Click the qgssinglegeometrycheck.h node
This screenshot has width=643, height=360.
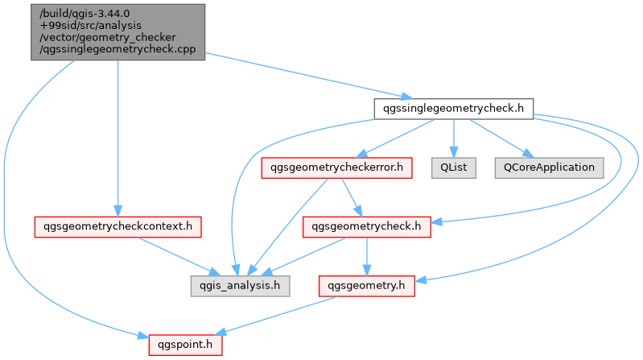click(454, 109)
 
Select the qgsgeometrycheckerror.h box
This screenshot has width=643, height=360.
click(336, 168)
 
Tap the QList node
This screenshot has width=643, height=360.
click(454, 168)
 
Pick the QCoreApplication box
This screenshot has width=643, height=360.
click(549, 168)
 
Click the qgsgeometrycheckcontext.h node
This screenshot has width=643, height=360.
click(117, 227)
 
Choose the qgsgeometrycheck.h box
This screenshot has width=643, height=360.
click(367, 227)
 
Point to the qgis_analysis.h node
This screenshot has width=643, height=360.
click(240, 286)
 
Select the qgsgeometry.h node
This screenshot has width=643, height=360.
click(367, 286)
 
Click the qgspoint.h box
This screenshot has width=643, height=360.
click(185, 345)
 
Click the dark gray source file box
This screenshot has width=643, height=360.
click(117, 32)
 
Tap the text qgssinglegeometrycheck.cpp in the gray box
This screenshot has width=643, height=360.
click(117, 49)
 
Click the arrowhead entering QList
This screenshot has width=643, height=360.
click(454, 152)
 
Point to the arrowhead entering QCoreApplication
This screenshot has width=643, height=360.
click(528, 154)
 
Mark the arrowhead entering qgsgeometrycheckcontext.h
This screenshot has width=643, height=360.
click(117, 211)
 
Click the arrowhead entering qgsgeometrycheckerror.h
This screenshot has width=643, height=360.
click(361, 154)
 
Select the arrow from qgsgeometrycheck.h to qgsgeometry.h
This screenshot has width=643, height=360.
click(367, 257)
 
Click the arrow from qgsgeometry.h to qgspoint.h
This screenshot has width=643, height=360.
click(275, 315)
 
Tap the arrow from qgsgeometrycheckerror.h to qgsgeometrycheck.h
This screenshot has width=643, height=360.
click(352, 197)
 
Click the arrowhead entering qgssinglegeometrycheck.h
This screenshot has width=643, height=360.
click(408, 97)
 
